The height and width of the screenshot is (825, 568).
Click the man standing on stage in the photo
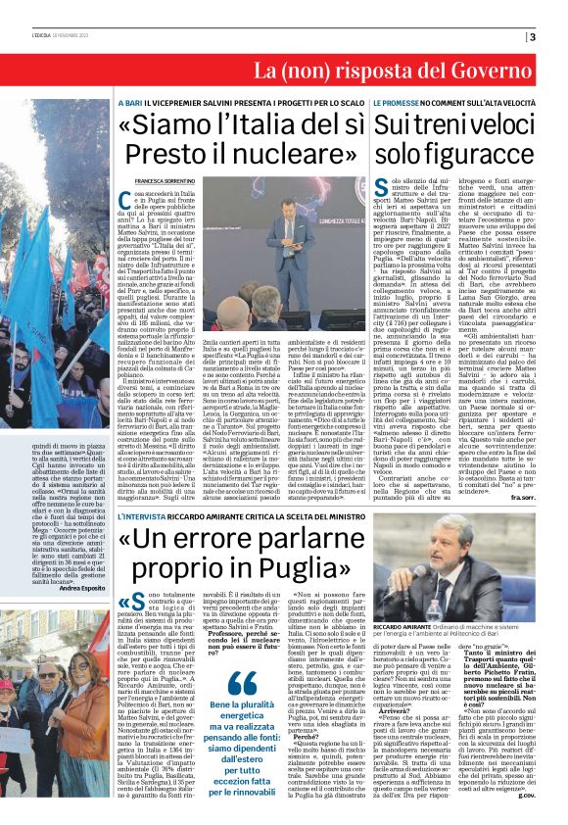click(302, 241)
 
